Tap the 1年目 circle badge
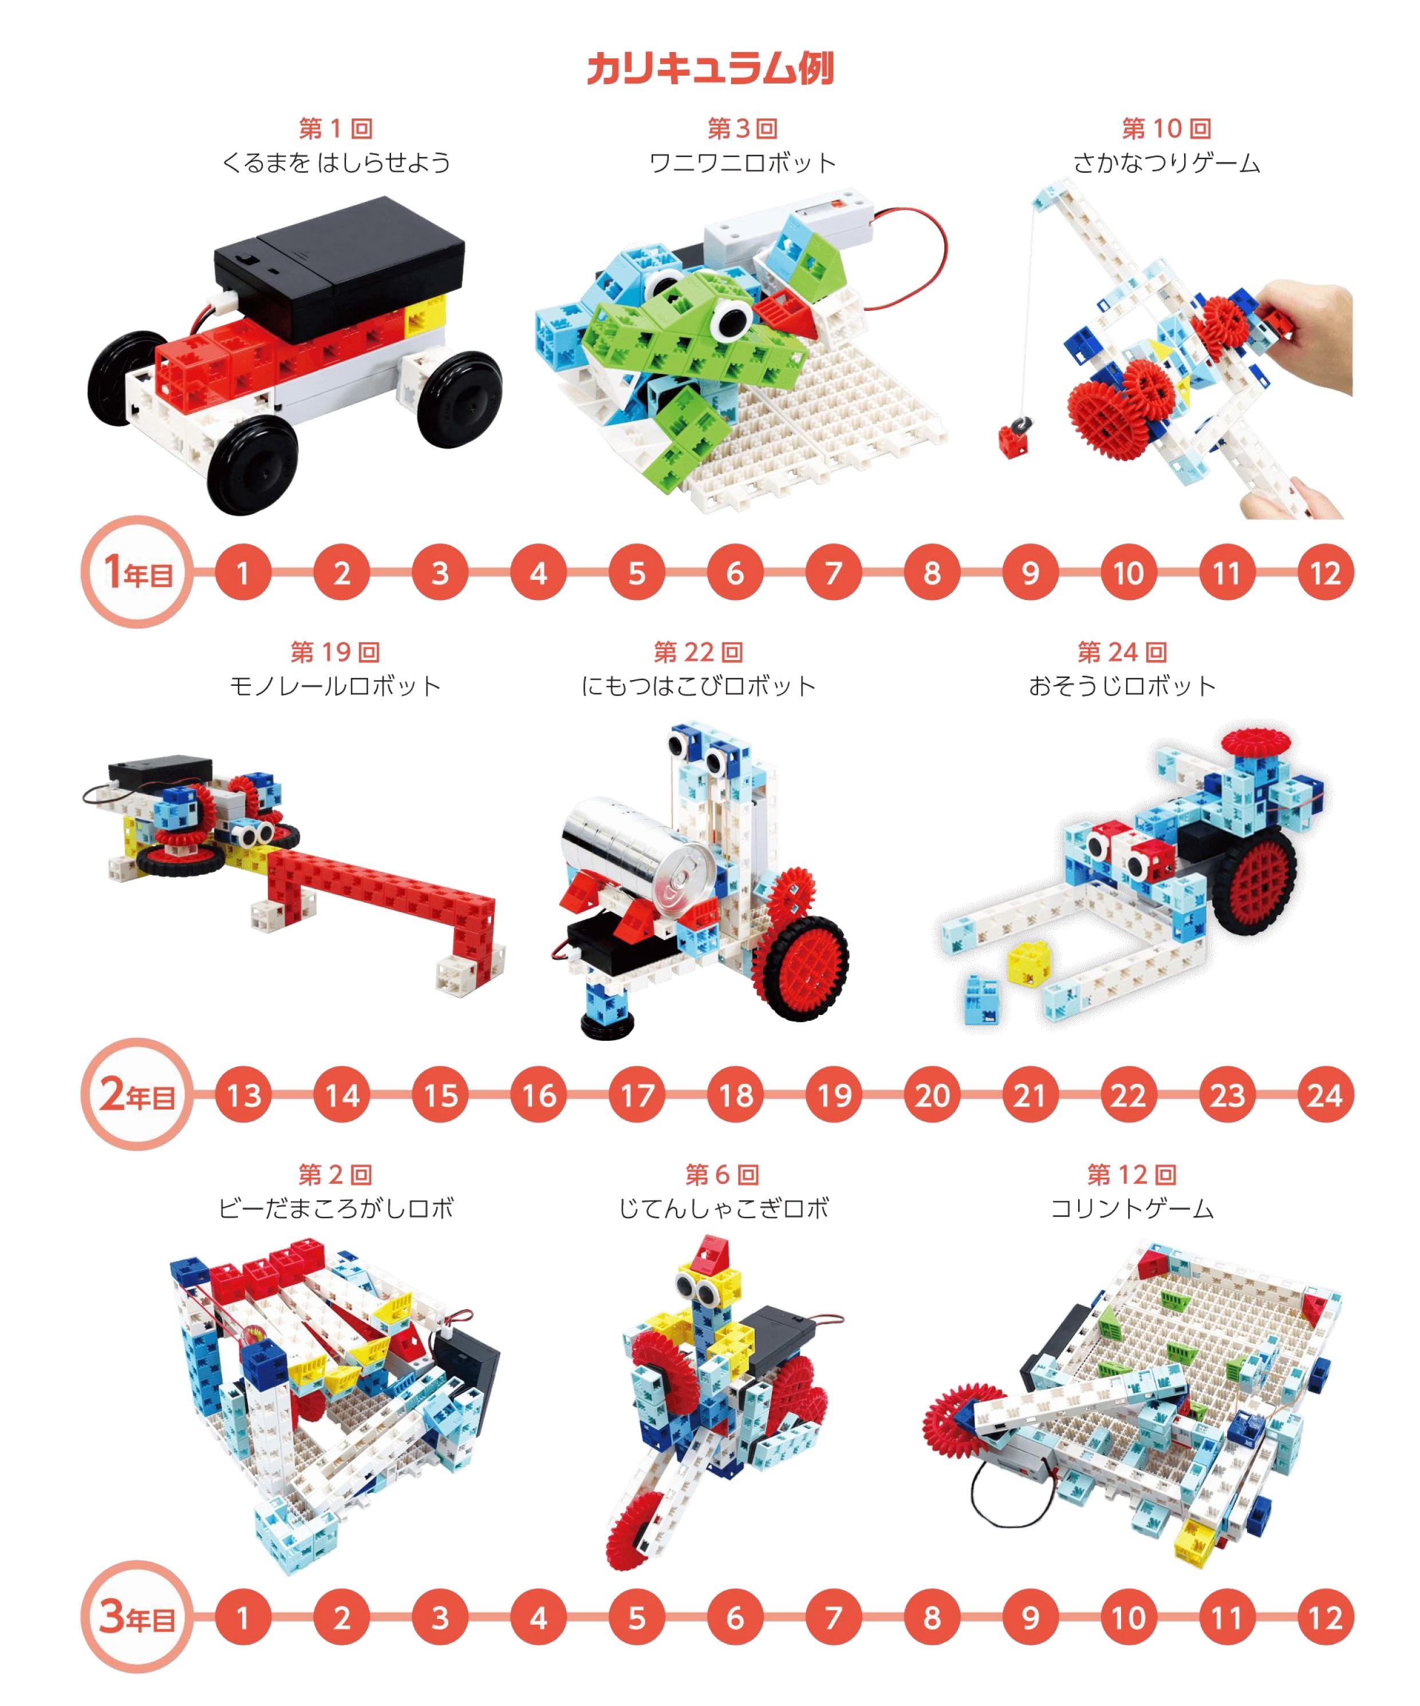(137, 572)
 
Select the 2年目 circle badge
(137, 1094)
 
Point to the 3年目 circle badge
(137, 1617)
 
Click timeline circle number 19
(834, 1095)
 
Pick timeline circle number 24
(1325, 1095)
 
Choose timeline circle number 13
(244, 1095)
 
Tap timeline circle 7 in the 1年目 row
(834, 572)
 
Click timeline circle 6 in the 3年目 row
(735, 1617)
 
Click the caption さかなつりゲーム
(1166, 163)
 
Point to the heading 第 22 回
(699, 651)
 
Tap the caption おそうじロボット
(1122, 686)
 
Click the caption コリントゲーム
(1131, 1209)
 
